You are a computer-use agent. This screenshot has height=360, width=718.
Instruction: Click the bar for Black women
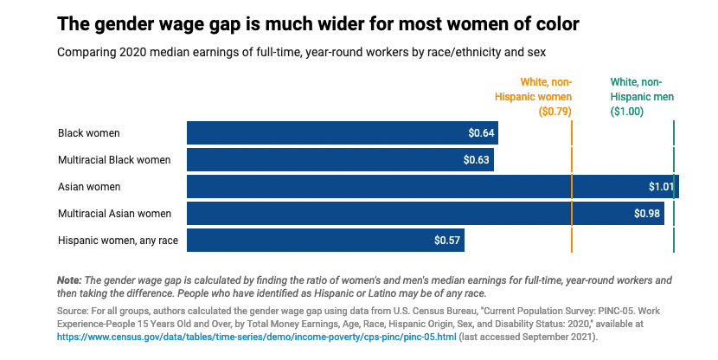[x=342, y=133]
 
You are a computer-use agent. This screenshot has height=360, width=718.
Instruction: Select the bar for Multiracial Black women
[x=340, y=160]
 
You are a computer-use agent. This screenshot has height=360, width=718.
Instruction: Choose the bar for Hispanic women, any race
[x=325, y=241]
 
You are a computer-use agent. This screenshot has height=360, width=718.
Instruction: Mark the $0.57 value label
[x=447, y=241]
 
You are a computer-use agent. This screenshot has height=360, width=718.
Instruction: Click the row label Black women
[x=89, y=133]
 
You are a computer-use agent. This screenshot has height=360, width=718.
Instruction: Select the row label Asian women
[x=89, y=187]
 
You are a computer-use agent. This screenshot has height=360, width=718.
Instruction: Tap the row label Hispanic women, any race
[x=118, y=241]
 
